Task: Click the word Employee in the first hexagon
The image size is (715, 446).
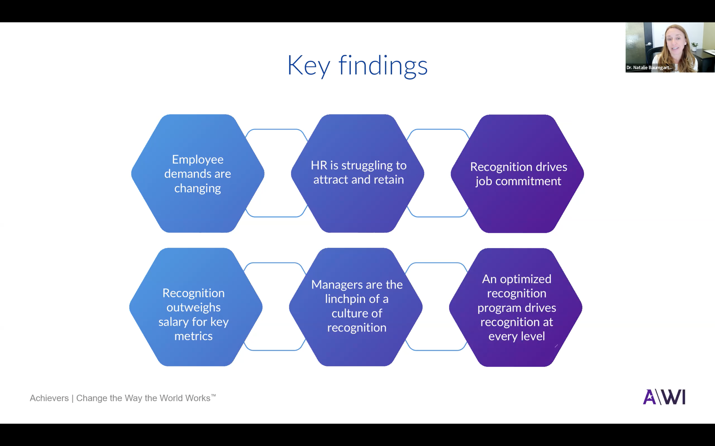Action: coord(198,160)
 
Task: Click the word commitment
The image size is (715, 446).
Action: coord(528,181)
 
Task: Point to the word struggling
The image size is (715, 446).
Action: coord(368,166)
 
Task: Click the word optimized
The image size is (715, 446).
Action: coord(525,279)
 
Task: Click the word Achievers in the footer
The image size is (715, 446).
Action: coord(49,398)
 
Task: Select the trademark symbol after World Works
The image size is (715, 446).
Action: coord(213,395)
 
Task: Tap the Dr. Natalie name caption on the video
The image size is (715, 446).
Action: coord(649,68)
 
